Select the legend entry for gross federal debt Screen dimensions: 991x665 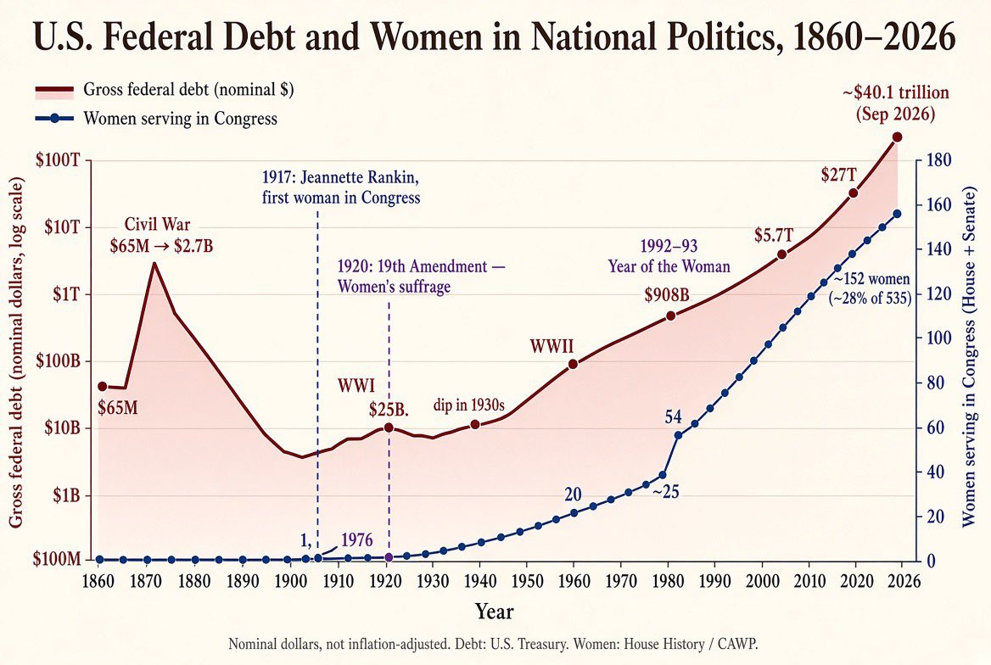coord(165,90)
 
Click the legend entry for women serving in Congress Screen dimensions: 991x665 coord(156,118)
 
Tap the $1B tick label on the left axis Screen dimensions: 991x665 coord(66,495)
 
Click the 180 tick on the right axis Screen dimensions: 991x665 coord(938,159)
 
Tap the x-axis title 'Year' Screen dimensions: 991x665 coord(495,612)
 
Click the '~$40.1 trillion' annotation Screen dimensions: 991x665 coord(896,93)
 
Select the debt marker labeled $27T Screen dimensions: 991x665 coord(853,193)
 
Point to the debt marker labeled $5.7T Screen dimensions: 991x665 coord(781,254)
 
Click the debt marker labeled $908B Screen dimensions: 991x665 coord(670,316)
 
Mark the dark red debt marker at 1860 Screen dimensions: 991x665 coord(102,386)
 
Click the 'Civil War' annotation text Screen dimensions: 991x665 coord(157,225)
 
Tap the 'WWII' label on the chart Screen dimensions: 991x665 coord(551,346)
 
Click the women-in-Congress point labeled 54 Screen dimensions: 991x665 coord(679,435)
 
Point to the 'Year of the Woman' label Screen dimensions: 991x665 coord(669,266)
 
